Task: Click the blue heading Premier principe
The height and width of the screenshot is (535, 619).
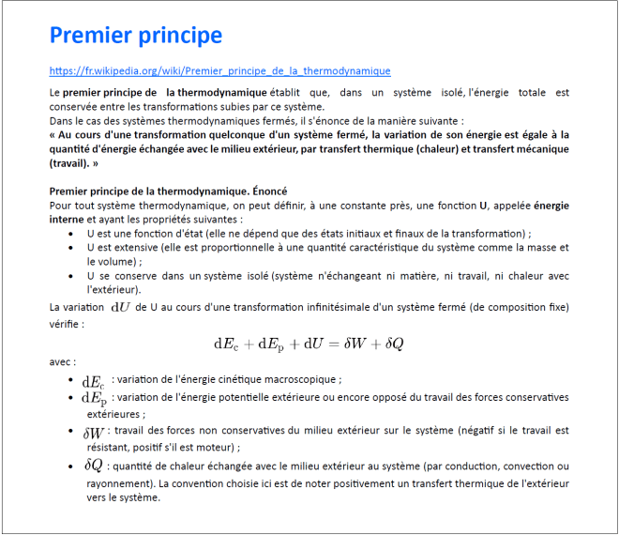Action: (x=136, y=36)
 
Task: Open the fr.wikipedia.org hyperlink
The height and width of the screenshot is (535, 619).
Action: (x=219, y=70)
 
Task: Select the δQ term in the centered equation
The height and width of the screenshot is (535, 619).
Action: (x=394, y=344)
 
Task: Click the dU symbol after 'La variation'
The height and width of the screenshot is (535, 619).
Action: (x=121, y=306)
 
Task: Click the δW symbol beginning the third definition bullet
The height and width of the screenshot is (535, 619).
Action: (x=94, y=433)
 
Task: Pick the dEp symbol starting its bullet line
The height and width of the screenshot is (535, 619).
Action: (x=94, y=398)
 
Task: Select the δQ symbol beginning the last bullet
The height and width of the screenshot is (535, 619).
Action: (x=93, y=466)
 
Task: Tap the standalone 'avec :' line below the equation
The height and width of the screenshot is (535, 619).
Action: (x=63, y=361)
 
